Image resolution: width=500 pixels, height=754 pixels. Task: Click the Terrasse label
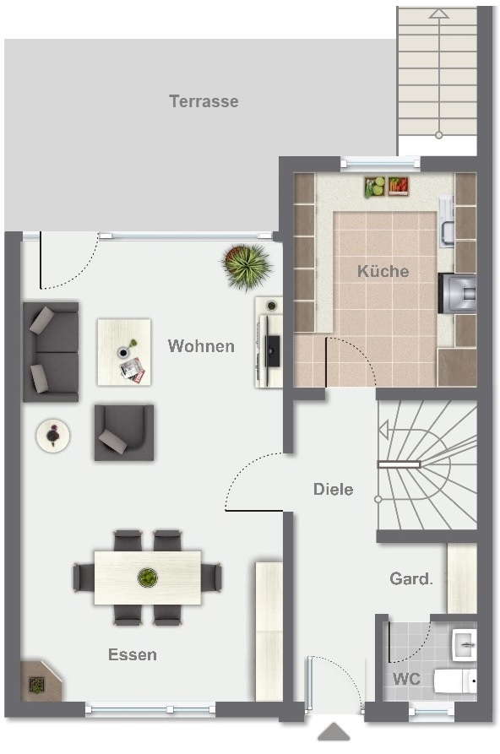pyautogui.click(x=204, y=101)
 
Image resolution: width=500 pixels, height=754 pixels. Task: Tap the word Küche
pyautogui.click(x=383, y=271)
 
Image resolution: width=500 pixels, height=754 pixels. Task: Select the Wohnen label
pyautogui.click(x=201, y=345)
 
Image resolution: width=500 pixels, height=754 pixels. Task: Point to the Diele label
pyautogui.click(x=333, y=489)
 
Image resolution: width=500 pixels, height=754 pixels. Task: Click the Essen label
pyautogui.click(x=133, y=654)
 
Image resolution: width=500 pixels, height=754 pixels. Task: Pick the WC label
pyautogui.click(x=406, y=679)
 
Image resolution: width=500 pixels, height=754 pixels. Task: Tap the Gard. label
pyautogui.click(x=411, y=578)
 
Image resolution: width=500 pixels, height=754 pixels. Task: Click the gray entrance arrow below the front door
pyautogui.click(x=334, y=732)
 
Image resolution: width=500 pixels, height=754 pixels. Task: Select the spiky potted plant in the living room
pyautogui.click(x=247, y=267)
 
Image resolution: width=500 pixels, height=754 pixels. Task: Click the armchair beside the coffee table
pyautogui.click(x=124, y=432)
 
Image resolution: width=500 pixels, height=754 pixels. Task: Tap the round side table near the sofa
pyautogui.click(x=53, y=436)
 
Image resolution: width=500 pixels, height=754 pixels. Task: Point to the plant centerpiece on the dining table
pyautogui.click(x=148, y=577)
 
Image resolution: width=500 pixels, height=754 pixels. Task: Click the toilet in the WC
pyautogui.click(x=454, y=681)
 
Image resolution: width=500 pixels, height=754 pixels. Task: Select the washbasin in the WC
pyautogui.click(x=464, y=644)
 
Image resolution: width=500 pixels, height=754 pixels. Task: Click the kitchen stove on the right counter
pyautogui.click(x=457, y=293)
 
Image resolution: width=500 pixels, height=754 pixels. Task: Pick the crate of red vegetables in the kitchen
pyautogui.click(x=399, y=186)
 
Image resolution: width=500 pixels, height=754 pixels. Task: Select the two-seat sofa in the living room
pyautogui.click(x=51, y=351)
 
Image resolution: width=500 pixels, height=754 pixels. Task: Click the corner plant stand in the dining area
pyautogui.click(x=40, y=681)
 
